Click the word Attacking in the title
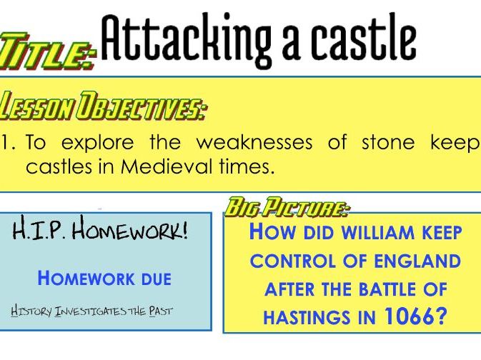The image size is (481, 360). (186, 39)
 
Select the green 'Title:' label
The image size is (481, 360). (48, 50)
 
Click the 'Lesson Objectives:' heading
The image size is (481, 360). (103, 106)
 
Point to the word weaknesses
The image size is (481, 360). (254, 143)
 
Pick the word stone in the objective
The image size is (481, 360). (388, 143)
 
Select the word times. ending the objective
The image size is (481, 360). (247, 166)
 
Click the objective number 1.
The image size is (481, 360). (6, 143)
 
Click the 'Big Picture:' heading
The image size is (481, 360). (287, 206)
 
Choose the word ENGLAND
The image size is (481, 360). (417, 261)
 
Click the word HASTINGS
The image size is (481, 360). (307, 317)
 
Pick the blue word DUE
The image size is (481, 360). (156, 279)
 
